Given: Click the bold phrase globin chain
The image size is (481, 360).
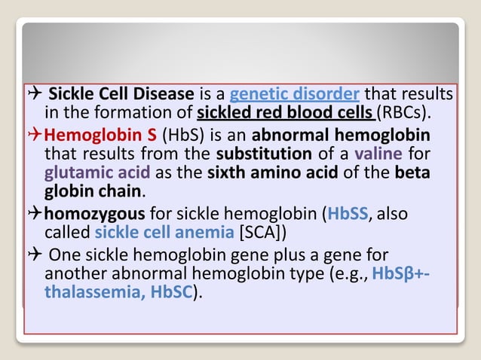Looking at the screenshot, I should (93, 191).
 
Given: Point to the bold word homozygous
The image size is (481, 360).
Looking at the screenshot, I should (94, 214).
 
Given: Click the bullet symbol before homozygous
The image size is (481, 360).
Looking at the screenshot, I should (35, 214).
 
